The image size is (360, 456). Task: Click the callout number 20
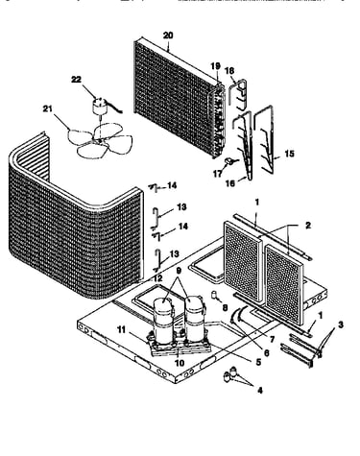click(x=168, y=36)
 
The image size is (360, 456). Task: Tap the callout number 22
click(x=76, y=80)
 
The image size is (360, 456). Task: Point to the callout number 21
click(x=47, y=109)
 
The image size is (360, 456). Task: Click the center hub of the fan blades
click(x=100, y=140)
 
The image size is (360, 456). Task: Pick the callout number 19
click(x=216, y=66)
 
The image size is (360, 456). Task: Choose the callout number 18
click(x=229, y=71)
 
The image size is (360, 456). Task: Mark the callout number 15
click(x=289, y=154)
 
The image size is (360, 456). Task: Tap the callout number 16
click(x=230, y=183)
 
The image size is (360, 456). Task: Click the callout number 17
click(x=218, y=173)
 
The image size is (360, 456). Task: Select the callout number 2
click(x=308, y=226)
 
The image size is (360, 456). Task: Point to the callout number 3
click(x=341, y=325)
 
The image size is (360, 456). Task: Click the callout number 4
click(x=260, y=391)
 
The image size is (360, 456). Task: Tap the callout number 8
click(x=225, y=308)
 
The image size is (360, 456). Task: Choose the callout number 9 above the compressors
click(x=179, y=271)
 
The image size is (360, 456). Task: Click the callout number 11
click(x=121, y=329)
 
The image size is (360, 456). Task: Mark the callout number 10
click(x=180, y=363)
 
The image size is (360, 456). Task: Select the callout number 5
click(x=258, y=362)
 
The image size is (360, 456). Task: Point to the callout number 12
click(x=157, y=278)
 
